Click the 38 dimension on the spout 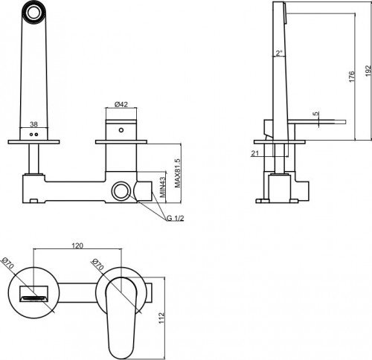[33, 126]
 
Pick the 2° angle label [278, 54]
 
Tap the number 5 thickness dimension [317, 114]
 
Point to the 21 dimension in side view [255, 153]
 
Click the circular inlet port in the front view [120, 193]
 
